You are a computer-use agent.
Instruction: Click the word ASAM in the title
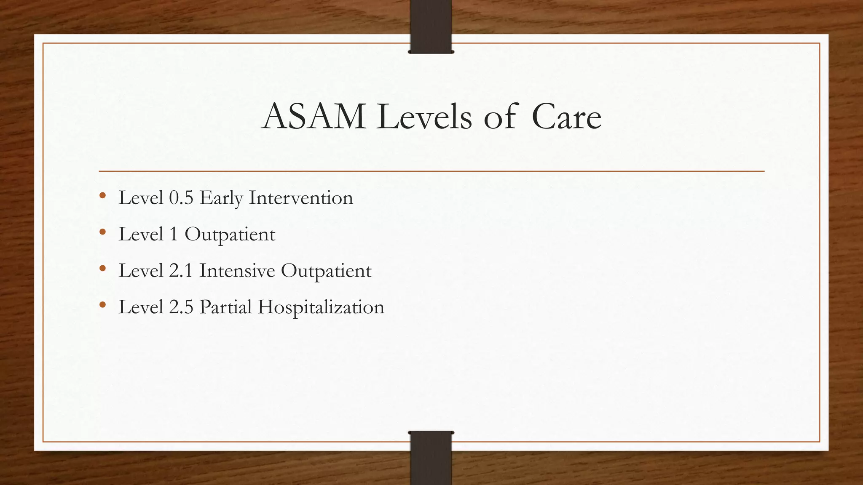tap(314, 117)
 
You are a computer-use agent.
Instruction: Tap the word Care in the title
tap(566, 117)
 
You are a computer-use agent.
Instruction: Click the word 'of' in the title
tap(500, 117)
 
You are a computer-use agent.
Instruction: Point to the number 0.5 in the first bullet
tap(181, 198)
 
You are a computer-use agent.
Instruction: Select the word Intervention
tap(301, 198)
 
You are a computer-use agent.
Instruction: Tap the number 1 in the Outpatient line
tap(174, 235)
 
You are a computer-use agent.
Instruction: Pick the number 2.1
tap(181, 271)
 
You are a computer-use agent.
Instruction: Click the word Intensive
tap(237, 271)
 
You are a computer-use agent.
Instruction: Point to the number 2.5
tap(181, 307)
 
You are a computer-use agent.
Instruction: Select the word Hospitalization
tap(321, 307)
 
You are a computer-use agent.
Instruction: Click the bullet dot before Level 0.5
tap(102, 196)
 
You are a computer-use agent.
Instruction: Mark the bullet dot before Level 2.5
tap(102, 305)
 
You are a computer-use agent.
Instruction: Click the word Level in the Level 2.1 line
tap(141, 271)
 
